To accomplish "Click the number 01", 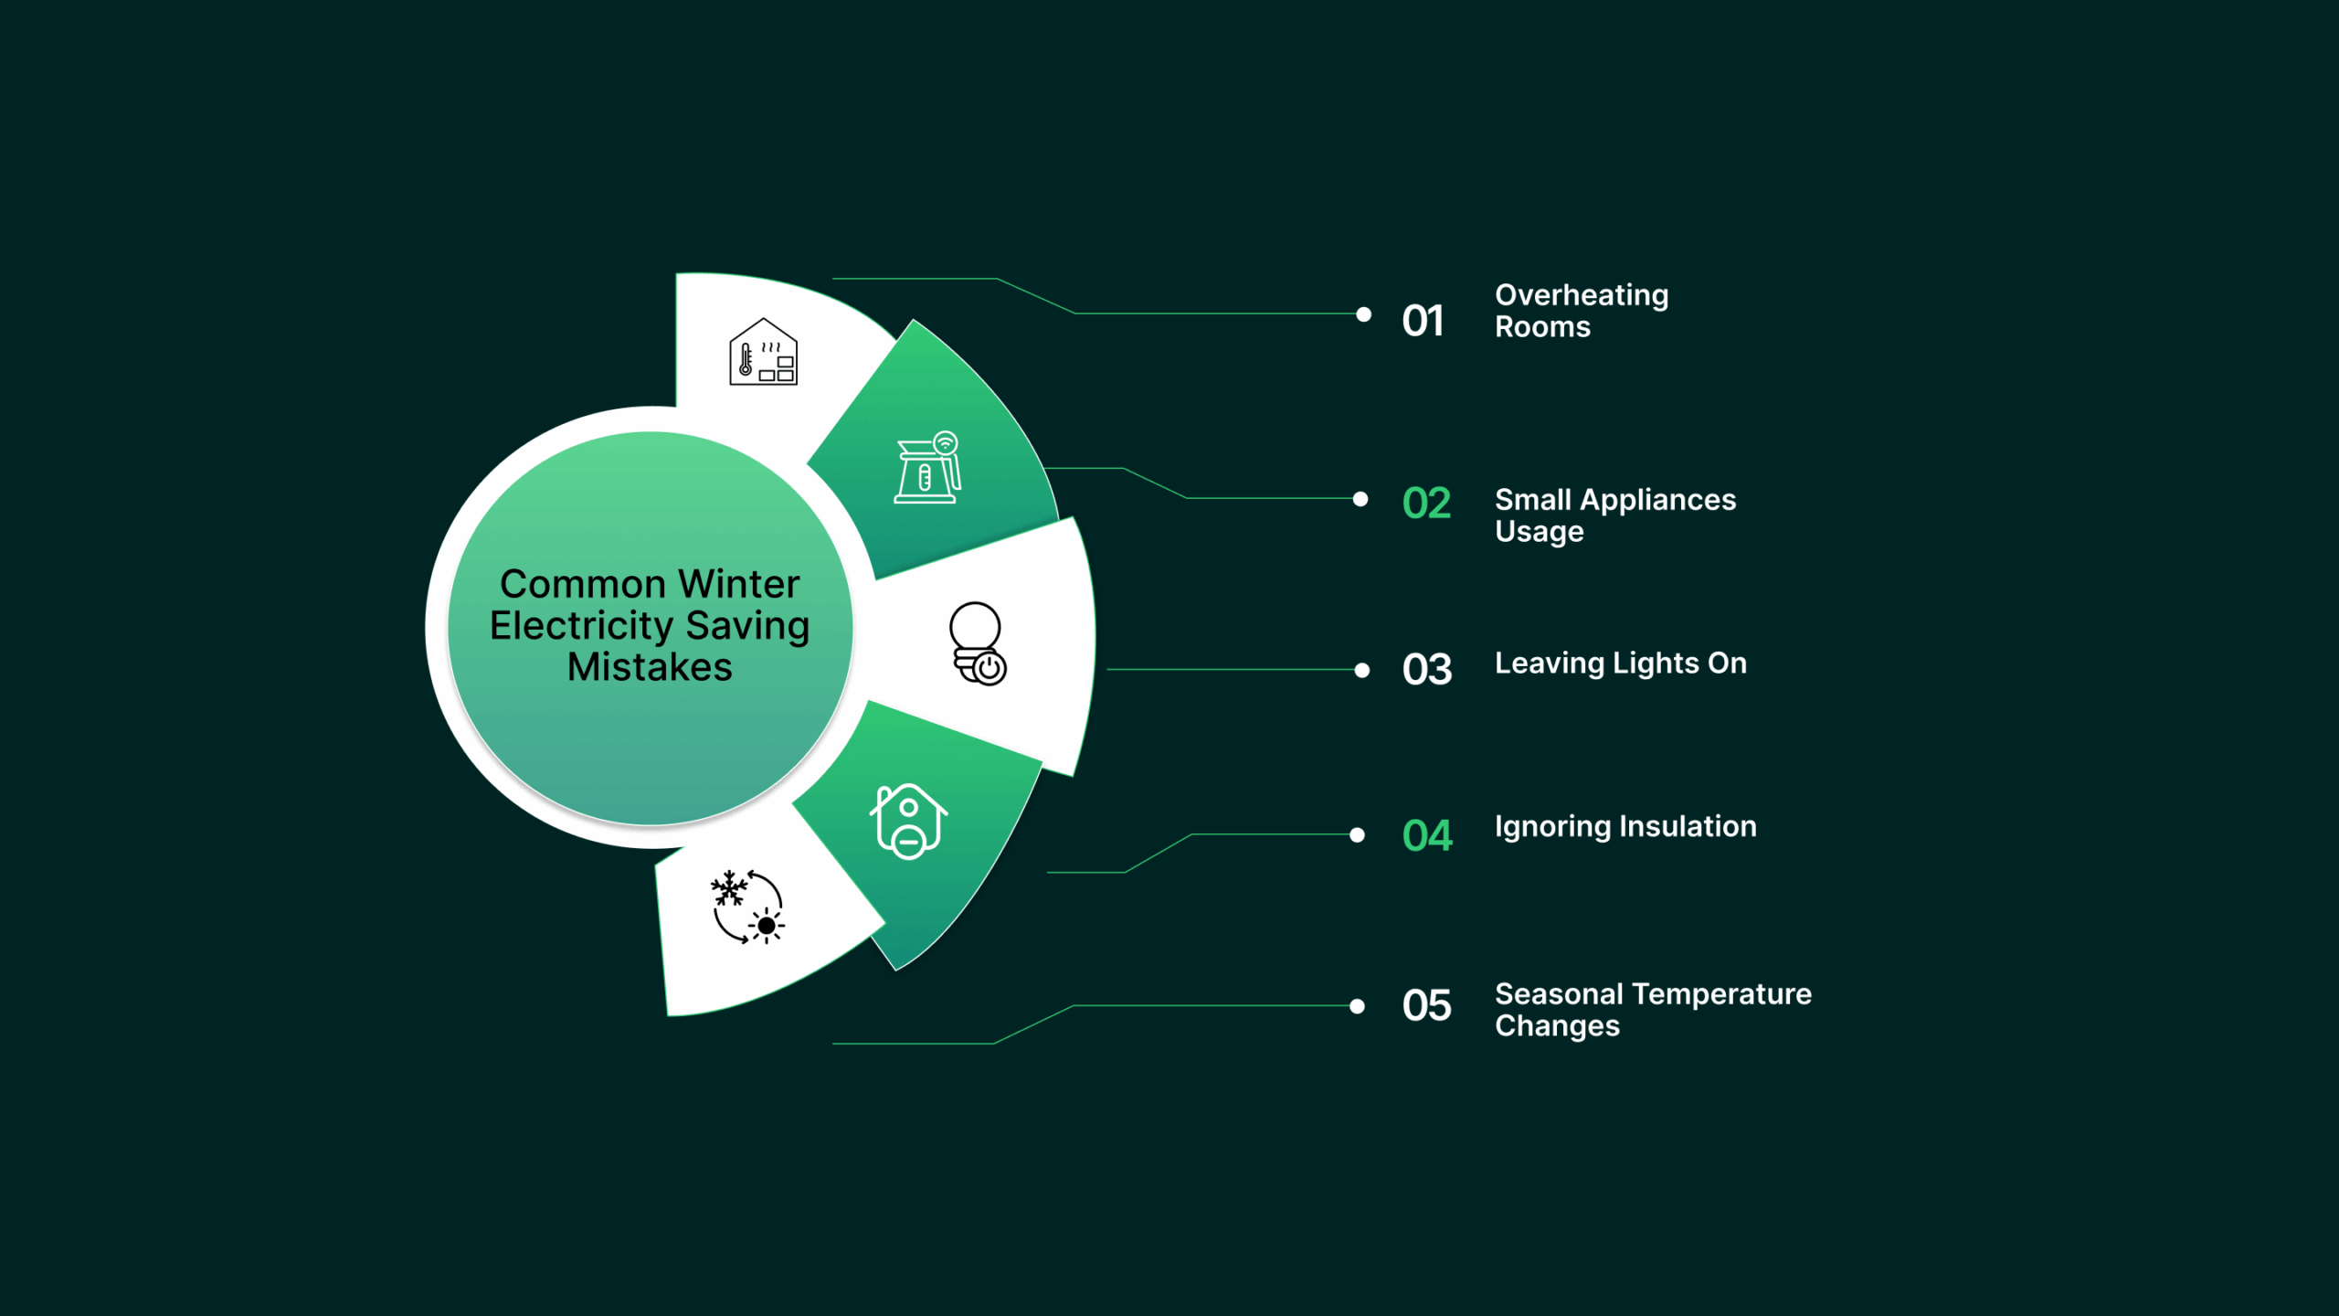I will [x=1423, y=321].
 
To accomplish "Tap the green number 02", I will [x=1426, y=503].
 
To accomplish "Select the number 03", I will [x=1426, y=669].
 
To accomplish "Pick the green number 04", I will [x=1426, y=835].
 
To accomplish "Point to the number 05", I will [x=1426, y=1005].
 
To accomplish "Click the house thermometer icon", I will [x=763, y=353].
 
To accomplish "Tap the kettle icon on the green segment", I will [x=927, y=468].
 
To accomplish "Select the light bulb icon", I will [x=978, y=643].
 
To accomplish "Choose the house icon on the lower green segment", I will [x=908, y=821].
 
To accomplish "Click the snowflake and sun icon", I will [x=747, y=907].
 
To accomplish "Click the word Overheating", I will [x=1582, y=295].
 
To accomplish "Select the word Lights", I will [x=1654, y=663].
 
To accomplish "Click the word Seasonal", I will [x=1559, y=993].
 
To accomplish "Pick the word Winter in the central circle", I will [x=738, y=584].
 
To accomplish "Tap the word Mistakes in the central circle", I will [x=650, y=667].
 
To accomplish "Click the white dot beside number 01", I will [x=1363, y=314].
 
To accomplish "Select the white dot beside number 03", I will [x=1361, y=670].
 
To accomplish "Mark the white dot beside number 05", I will [x=1357, y=1006].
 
